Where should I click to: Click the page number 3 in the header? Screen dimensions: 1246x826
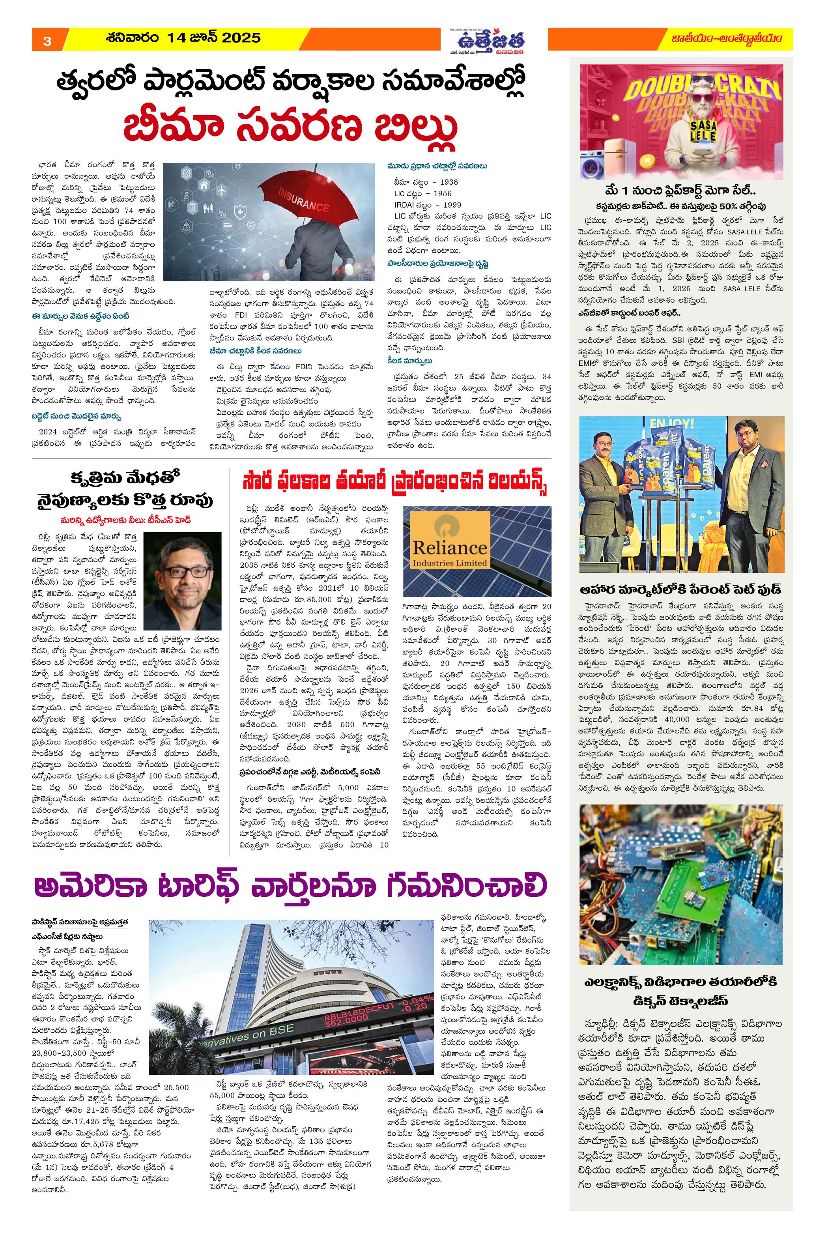[x=47, y=41]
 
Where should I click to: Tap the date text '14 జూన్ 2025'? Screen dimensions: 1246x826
[x=213, y=38]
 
